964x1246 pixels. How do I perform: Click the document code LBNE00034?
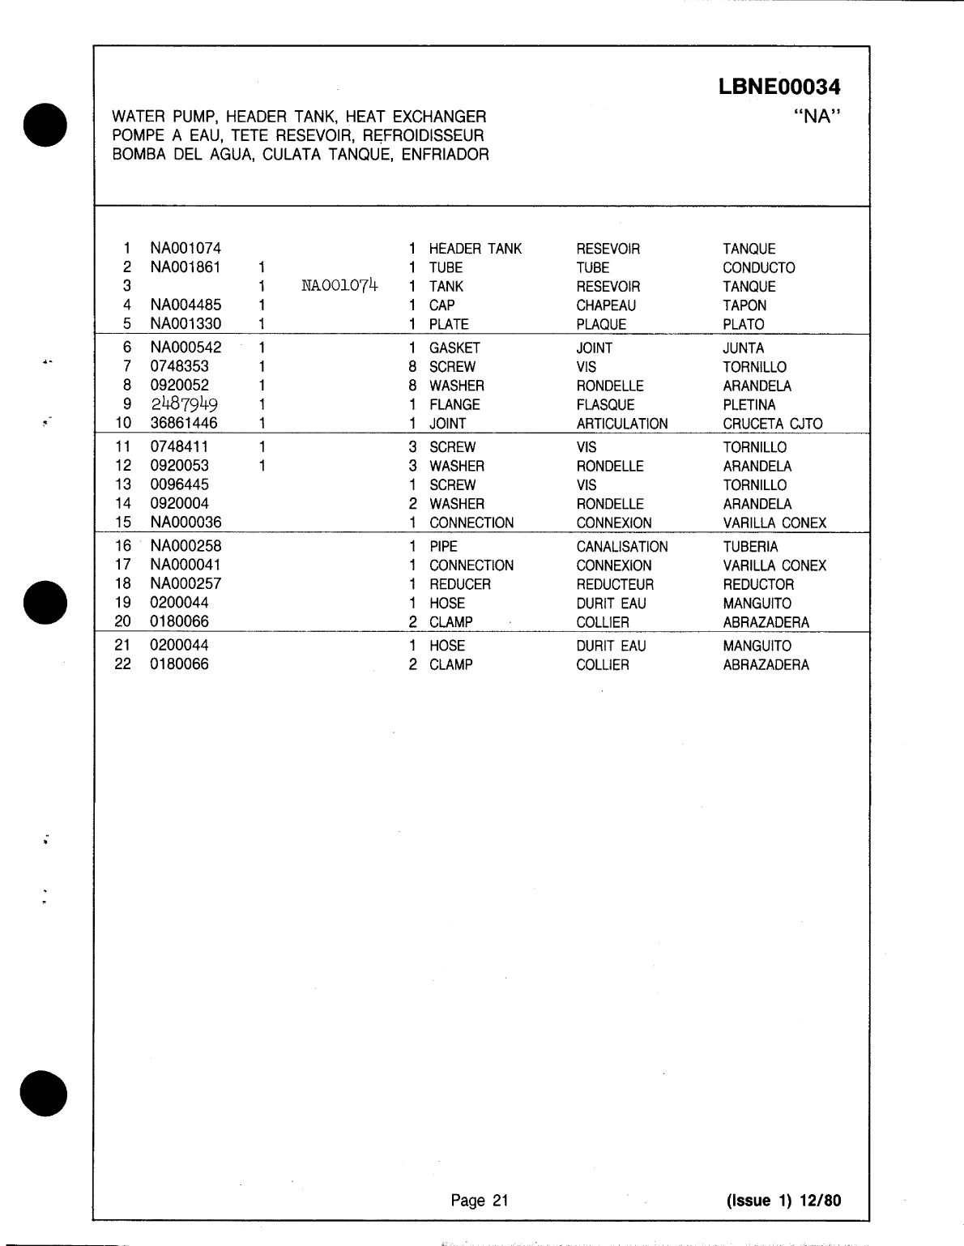point(778,87)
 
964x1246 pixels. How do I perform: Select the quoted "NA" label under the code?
point(817,117)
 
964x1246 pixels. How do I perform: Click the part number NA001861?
point(186,267)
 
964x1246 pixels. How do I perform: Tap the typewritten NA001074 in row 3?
point(339,285)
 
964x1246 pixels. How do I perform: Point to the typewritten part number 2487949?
point(184,404)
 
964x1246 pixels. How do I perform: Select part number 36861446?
point(184,423)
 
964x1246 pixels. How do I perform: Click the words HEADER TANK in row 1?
point(476,249)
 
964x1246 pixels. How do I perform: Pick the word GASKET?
point(454,348)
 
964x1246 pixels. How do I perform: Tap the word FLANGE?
point(454,404)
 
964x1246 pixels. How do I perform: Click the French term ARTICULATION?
point(622,424)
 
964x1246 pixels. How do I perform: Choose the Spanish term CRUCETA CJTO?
point(772,424)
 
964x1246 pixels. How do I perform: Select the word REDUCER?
point(459,584)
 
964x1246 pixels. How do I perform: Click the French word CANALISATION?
point(622,547)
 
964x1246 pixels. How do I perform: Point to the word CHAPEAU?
point(606,305)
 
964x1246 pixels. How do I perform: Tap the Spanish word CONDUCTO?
point(758,267)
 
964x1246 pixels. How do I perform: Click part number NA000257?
point(186,583)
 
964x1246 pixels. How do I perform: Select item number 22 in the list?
point(123,664)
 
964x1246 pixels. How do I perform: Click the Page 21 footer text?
point(480,1201)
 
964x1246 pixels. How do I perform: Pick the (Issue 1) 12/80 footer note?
point(783,1201)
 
